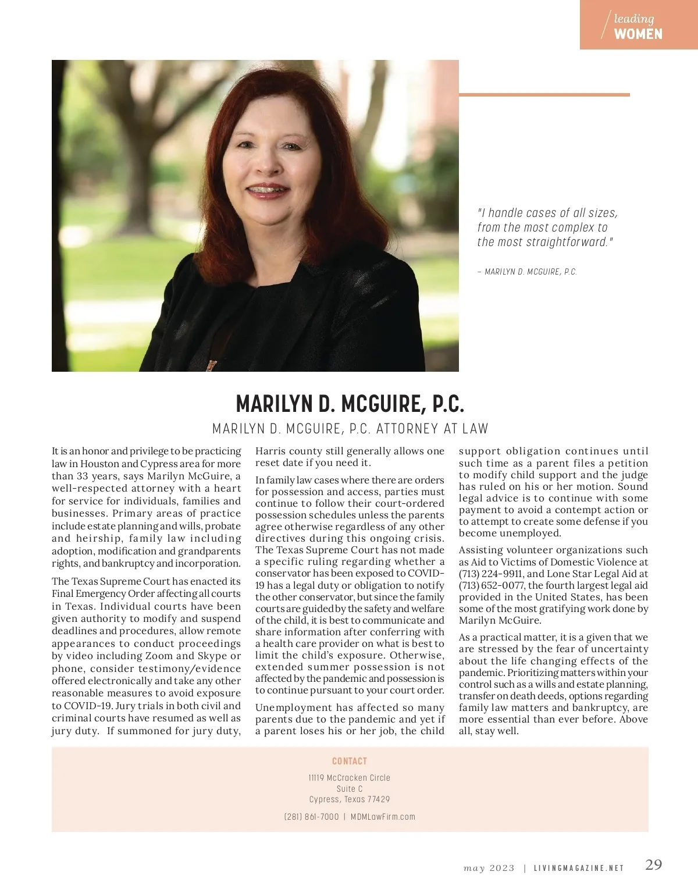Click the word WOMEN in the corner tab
pos(638,34)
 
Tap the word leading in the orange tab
pos(633,19)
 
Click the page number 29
pos(654,864)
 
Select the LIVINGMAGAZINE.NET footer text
pos(579,868)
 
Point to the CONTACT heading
pos(350,761)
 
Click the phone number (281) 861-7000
pos(311,817)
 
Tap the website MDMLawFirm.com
pos(383,817)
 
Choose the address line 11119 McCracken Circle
pos(350,778)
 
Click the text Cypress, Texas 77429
pos(350,799)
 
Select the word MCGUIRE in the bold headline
pos(372,403)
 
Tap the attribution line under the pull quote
pos(527,272)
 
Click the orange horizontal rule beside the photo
pos(544,94)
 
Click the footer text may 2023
pos(489,868)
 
